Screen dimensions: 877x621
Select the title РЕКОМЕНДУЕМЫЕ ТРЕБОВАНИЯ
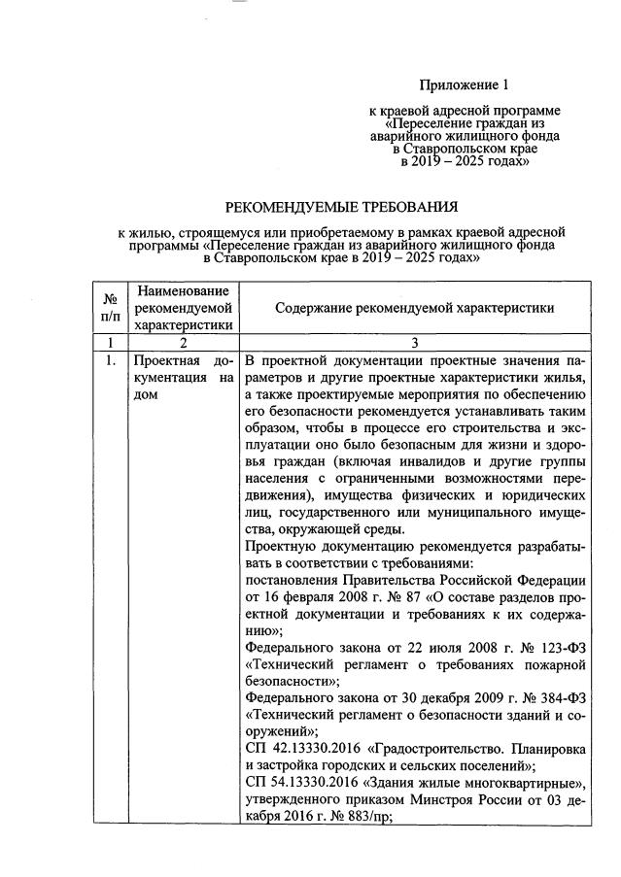[340, 207]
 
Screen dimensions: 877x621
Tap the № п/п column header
[111, 308]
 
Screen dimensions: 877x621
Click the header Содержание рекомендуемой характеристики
[414, 308]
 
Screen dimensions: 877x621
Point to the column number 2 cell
[183, 342]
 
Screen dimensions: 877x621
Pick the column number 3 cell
[414, 342]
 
